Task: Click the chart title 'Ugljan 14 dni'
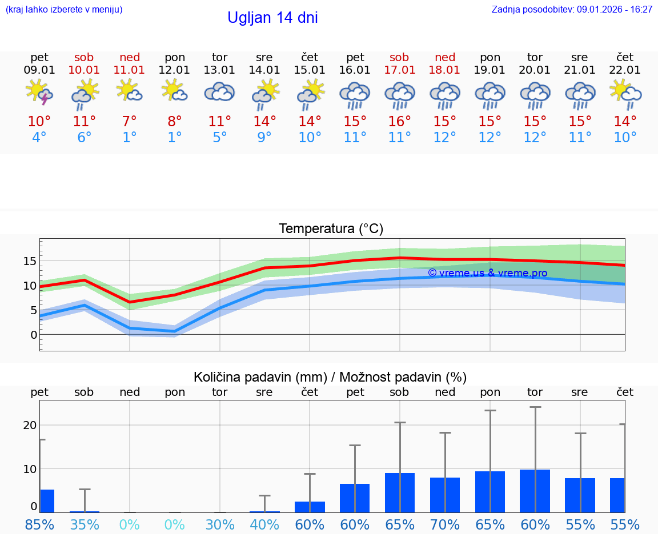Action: coord(272,18)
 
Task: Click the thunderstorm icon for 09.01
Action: coord(39,93)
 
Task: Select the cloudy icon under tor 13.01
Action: coord(220,93)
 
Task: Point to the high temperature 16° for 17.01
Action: coord(400,122)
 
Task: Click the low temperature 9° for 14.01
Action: coord(264,138)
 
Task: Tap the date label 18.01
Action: coord(445,70)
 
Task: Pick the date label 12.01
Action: coord(175,70)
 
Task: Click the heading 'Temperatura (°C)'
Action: coord(331,229)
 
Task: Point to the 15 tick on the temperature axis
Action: coord(30,261)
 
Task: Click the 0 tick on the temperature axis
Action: coord(34,335)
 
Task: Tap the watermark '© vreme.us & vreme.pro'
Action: coord(487,273)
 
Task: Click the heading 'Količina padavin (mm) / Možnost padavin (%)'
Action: coord(330,377)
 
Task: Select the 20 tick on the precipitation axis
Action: coord(30,425)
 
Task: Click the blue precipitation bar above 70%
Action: coord(445,495)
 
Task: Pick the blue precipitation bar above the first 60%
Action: coord(310,507)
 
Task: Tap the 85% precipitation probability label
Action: coord(39,524)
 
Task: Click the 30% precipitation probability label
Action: coord(220,524)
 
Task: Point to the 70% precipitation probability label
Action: coord(445,524)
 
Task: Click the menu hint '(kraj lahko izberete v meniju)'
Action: coord(64,10)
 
